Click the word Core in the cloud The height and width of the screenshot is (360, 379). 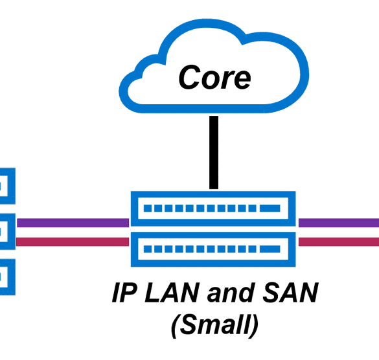point(214,77)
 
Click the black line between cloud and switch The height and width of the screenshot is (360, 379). point(214,152)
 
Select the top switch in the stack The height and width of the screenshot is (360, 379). point(213,208)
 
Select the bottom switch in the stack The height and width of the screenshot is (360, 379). point(213,249)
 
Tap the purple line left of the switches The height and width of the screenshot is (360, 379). point(73,223)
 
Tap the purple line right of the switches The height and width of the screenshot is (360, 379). point(339,223)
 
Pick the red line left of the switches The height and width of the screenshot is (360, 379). point(73,242)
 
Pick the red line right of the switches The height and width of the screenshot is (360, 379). point(339,242)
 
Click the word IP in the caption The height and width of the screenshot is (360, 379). point(124,293)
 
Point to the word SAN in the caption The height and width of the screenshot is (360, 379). point(290,293)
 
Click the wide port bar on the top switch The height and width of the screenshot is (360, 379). point(270,208)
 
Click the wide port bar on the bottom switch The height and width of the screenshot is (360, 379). point(270,249)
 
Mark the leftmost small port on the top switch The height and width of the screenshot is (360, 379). point(148,208)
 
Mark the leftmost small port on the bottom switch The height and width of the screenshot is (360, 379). point(148,249)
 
